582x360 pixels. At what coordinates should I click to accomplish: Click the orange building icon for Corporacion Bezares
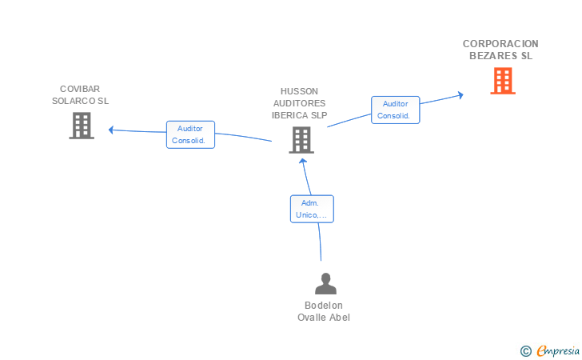tap(503, 81)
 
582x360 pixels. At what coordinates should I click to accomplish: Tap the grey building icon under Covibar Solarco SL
tap(82, 126)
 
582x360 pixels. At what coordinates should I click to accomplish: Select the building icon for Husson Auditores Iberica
tap(301, 140)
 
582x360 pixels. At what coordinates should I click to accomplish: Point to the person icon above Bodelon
tap(325, 283)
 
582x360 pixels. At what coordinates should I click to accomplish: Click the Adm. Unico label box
tap(312, 209)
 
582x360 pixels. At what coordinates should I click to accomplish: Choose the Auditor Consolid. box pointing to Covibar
tap(190, 134)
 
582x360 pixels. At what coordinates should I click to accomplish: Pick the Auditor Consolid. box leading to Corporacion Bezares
tap(395, 110)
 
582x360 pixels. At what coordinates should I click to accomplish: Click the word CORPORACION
tap(500, 44)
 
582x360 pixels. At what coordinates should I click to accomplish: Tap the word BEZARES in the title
tap(488, 56)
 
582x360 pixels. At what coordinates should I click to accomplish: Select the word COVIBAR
tap(80, 89)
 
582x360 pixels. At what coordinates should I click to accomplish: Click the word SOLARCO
tap(74, 101)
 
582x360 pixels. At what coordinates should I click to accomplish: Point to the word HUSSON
tap(299, 91)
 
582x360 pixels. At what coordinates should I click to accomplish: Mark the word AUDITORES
tap(299, 103)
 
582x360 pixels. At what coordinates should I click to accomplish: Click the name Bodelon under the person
tap(323, 306)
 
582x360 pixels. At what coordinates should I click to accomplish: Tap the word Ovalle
tap(309, 318)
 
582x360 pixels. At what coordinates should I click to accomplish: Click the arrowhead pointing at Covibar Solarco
tap(110, 130)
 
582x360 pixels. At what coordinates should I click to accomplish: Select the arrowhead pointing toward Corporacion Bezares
tap(461, 95)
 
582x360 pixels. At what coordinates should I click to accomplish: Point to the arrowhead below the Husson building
tap(303, 162)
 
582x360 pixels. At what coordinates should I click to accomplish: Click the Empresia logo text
tap(558, 350)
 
